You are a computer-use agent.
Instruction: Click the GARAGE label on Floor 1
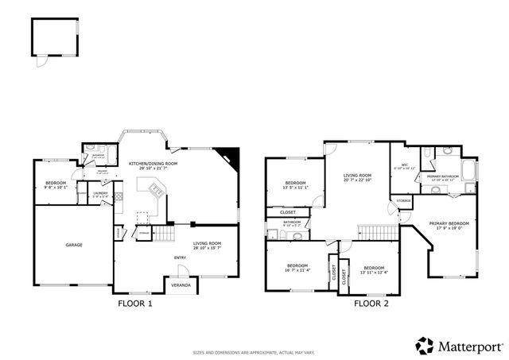pyautogui.click(x=74, y=245)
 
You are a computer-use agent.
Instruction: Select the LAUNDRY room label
pyautogui.click(x=100, y=192)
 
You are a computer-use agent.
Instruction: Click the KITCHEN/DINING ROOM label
pyautogui.click(x=153, y=163)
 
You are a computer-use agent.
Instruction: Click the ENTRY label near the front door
pyautogui.click(x=181, y=257)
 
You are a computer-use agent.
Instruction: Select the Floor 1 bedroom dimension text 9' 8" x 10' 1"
pyautogui.click(x=55, y=188)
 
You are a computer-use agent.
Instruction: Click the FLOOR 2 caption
pyautogui.click(x=371, y=303)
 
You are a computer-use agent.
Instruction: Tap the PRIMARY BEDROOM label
pyautogui.click(x=449, y=223)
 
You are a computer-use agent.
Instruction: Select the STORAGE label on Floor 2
pyautogui.click(x=405, y=201)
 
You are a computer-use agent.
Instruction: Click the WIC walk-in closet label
pyautogui.click(x=404, y=165)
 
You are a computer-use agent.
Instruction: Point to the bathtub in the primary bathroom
pyautogui.click(x=468, y=172)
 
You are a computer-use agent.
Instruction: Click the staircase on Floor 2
pyautogui.click(x=374, y=231)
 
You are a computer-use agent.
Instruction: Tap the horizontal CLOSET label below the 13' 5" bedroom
pyautogui.click(x=288, y=212)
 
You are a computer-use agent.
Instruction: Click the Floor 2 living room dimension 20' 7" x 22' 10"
pyautogui.click(x=357, y=180)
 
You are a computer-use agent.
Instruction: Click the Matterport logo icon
pyautogui.click(x=425, y=345)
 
